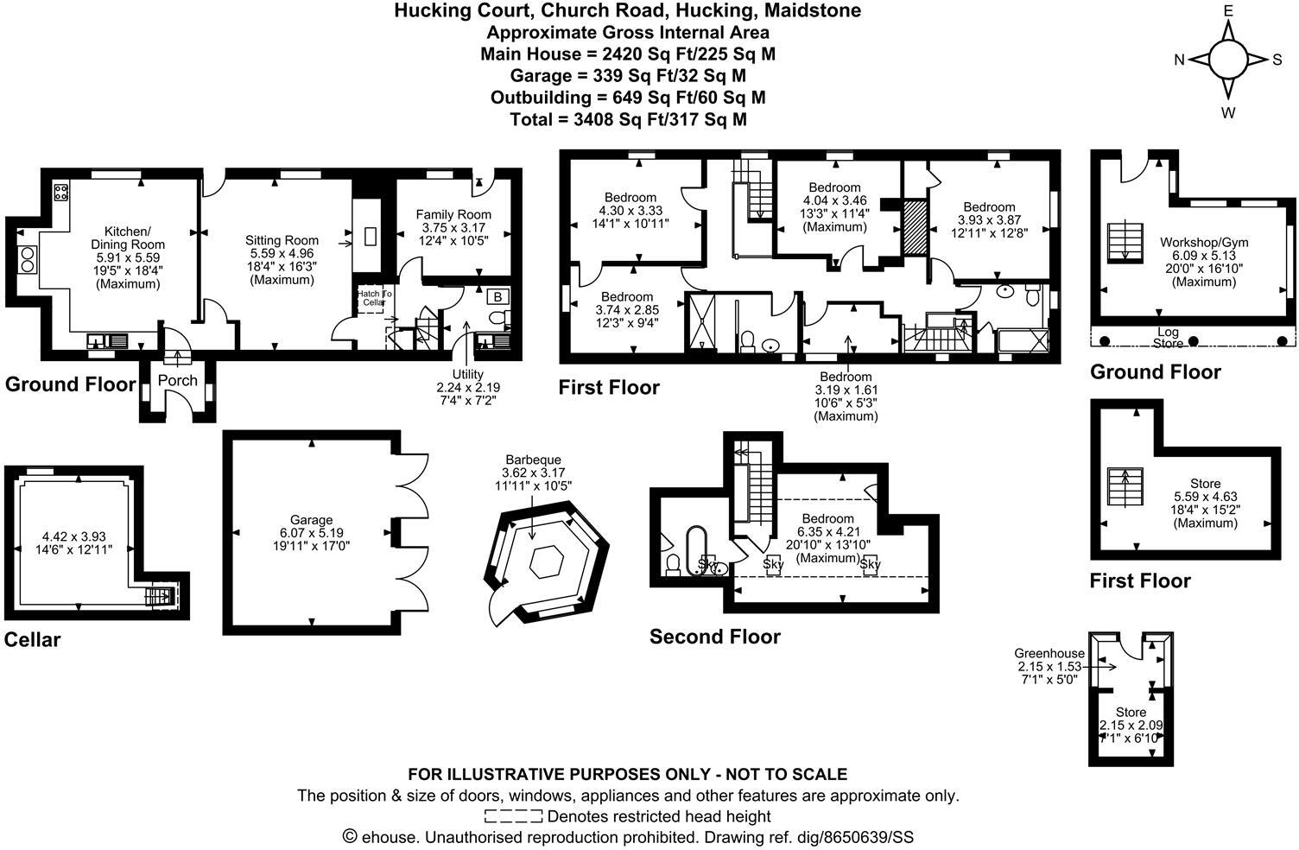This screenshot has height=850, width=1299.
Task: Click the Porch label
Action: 177,380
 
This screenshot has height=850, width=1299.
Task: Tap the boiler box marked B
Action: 498,297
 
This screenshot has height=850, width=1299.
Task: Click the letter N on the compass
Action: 1179,60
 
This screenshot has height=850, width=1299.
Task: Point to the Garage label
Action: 311,520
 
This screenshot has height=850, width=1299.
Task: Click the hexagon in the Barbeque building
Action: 547,563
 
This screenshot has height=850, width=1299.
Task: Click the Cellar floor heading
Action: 33,639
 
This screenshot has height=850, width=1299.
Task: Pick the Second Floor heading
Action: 714,637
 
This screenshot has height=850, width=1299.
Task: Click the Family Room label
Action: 453,214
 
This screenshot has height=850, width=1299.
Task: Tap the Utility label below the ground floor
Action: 467,375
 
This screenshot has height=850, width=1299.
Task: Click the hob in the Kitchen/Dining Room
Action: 61,193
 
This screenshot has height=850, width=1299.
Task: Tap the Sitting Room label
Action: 282,240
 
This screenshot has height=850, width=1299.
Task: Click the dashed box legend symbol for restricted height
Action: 513,816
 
